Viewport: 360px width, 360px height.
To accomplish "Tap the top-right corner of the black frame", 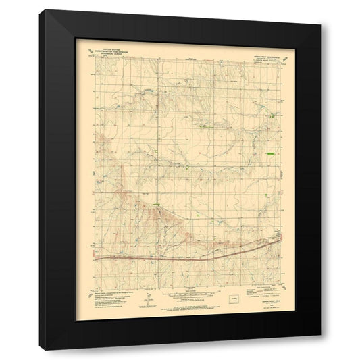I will click(x=321, y=10).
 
